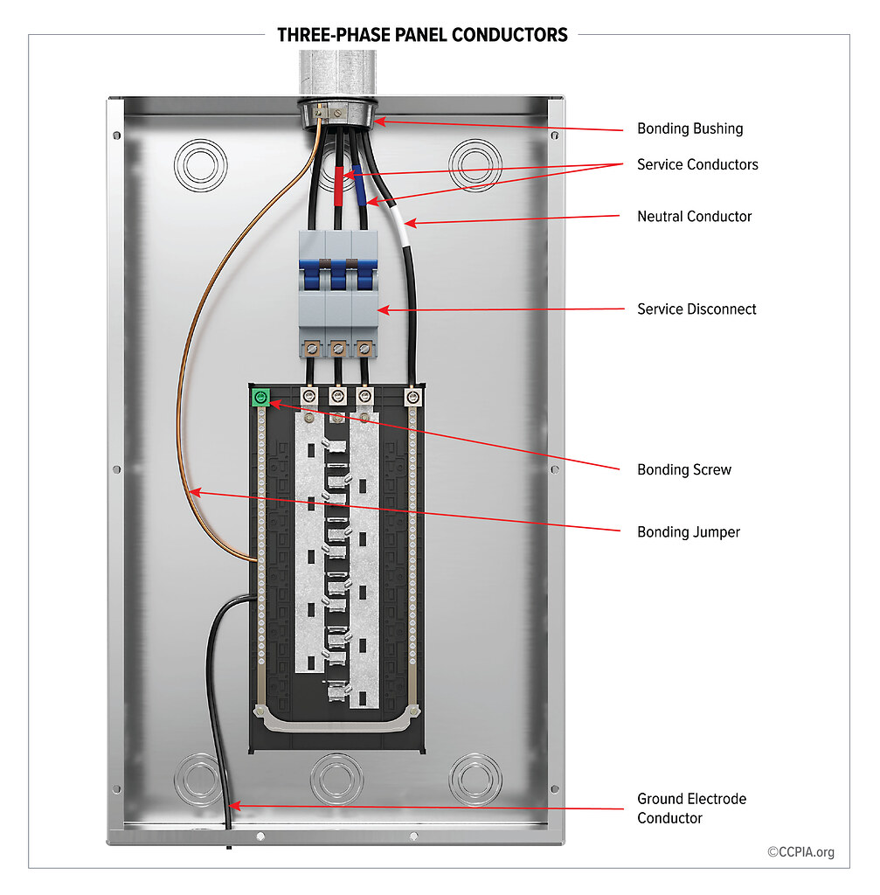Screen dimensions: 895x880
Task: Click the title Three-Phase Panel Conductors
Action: click(x=422, y=35)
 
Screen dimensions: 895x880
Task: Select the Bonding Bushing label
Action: click(x=689, y=128)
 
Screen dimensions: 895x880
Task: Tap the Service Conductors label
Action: click(x=696, y=164)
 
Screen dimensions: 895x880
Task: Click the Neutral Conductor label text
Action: click(x=694, y=216)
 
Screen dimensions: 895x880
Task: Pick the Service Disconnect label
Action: click(x=696, y=309)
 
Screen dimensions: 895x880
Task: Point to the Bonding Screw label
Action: click(x=683, y=469)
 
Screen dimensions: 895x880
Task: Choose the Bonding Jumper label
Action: click(x=688, y=531)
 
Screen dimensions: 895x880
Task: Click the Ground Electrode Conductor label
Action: click(x=691, y=808)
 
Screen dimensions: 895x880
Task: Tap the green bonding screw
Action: click(x=259, y=398)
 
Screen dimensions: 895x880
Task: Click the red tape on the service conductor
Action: click(x=339, y=184)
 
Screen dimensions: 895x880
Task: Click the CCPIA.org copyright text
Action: click(x=800, y=852)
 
